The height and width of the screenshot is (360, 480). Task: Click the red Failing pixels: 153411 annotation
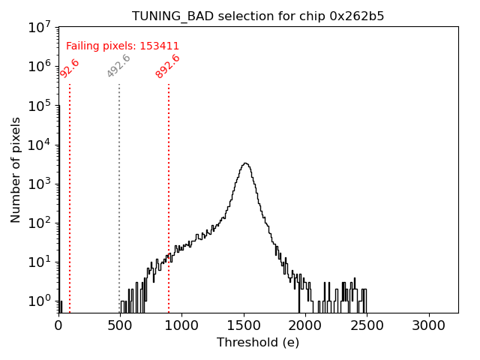point(122,46)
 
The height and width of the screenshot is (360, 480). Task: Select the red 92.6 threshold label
point(70,68)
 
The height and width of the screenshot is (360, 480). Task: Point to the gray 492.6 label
point(118,66)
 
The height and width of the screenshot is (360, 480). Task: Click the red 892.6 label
point(168,66)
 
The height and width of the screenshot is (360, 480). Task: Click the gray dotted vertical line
point(119,187)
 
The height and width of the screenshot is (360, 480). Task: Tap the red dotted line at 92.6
point(70,187)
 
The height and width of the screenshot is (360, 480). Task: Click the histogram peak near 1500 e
point(244,163)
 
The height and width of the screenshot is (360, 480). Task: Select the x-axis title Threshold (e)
point(258,343)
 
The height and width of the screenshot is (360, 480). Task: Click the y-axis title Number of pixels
point(16,169)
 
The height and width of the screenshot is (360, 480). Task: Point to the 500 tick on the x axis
point(120,325)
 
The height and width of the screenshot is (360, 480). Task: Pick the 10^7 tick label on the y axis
point(39,28)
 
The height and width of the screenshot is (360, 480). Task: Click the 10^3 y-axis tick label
point(39,184)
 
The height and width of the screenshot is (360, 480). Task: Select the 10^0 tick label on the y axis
point(39,301)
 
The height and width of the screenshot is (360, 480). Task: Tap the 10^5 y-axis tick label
point(39,106)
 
